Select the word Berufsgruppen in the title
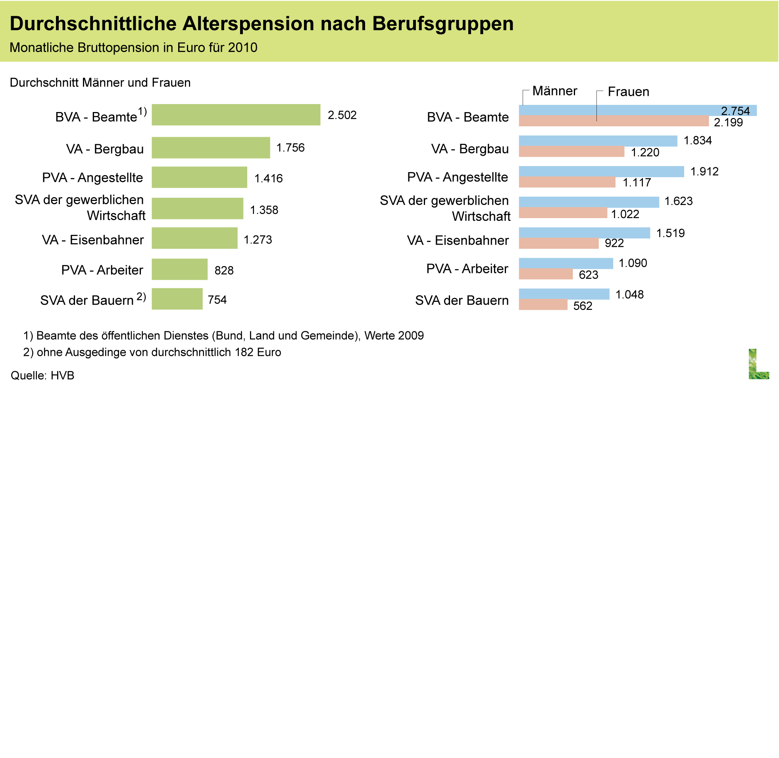click(442, 24)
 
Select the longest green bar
click(236, 115)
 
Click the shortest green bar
click(177, 299)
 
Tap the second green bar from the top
click(211, 148)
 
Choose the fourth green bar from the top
click(197, 208)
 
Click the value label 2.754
click(735, 111)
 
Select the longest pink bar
click(614, 121)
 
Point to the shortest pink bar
click(543, 305)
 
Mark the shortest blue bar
click(564, 294)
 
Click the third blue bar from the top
click(601, 172)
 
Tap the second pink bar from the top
click(571, 152)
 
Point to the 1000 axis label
click(225, 354)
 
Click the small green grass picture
click(758, 364)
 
